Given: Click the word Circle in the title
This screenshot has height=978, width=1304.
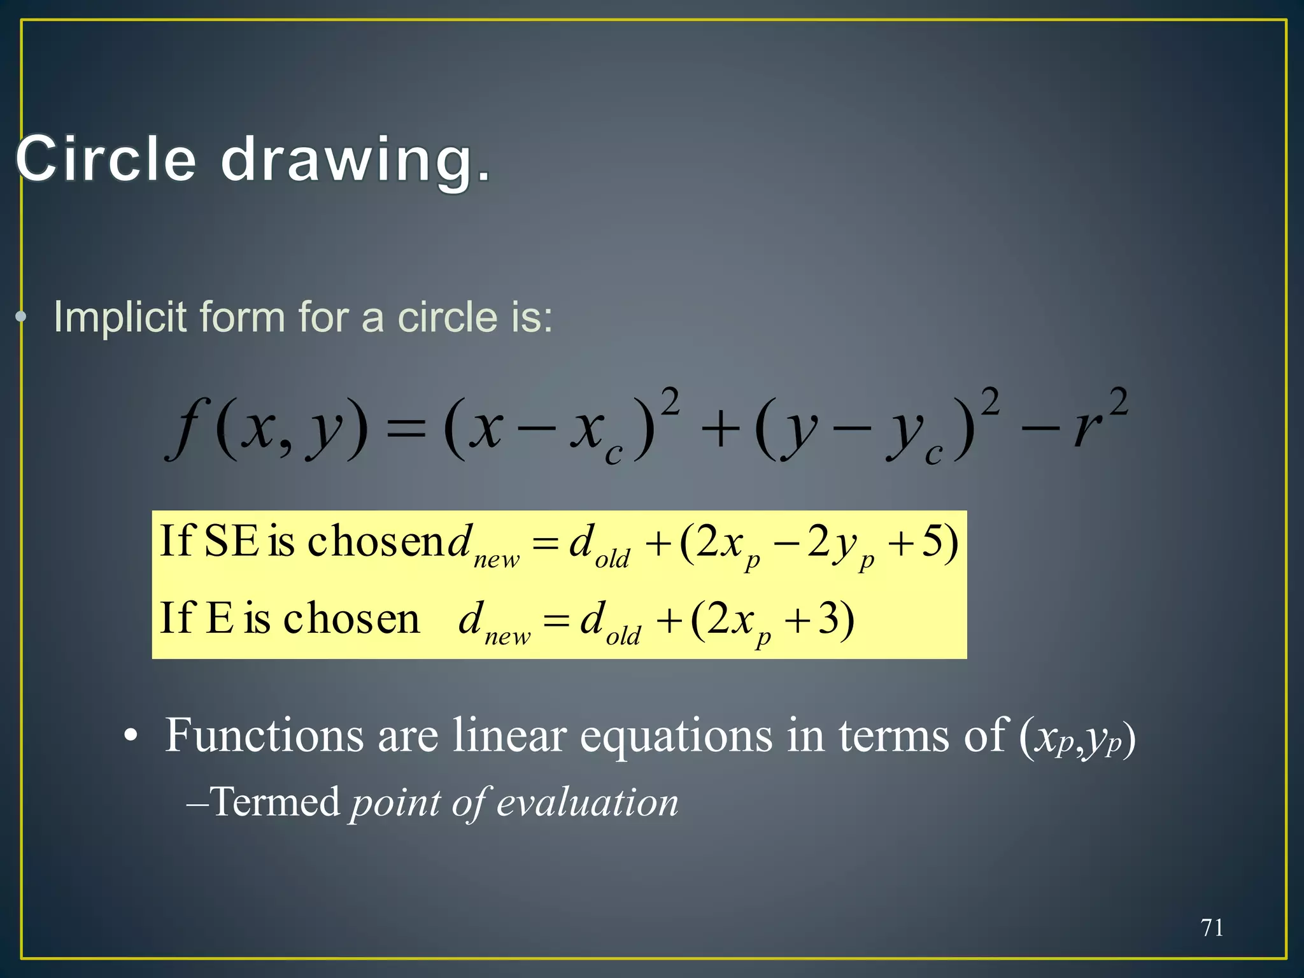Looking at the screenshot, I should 106,159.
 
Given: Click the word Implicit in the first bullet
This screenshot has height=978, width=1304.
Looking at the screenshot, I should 120,316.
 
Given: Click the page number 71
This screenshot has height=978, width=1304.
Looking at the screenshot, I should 1212,928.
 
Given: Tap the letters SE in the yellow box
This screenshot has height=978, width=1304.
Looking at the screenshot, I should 231,541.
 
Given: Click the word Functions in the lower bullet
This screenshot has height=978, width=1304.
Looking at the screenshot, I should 265,735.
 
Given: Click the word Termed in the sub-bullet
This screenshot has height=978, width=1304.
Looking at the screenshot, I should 275,802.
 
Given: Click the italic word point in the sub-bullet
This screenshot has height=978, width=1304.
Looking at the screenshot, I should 395,803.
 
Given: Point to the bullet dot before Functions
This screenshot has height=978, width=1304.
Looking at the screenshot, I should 131,737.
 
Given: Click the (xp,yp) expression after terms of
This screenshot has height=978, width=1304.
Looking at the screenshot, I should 1077,739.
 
